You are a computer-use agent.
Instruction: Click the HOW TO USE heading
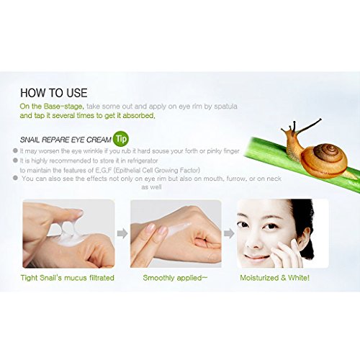tap(54, 93)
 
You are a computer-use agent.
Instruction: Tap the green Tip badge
tap(121, 139)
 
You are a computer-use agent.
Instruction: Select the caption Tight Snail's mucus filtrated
tap(68, 278)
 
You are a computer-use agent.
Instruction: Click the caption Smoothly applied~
tap(175, 278)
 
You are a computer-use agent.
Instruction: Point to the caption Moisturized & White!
tap(275, 278)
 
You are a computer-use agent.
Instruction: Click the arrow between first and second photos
tap(122, 233)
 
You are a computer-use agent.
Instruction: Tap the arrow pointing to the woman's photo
tap(229, 233)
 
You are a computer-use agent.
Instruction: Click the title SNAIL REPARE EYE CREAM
tap(66, 140)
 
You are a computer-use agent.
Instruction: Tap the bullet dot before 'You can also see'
tap(15, 178)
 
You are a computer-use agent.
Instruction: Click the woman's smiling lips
tap(257, 258)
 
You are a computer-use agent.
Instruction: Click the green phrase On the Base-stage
tap(52, 107)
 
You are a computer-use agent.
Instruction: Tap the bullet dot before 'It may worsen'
tap(15, 150)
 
